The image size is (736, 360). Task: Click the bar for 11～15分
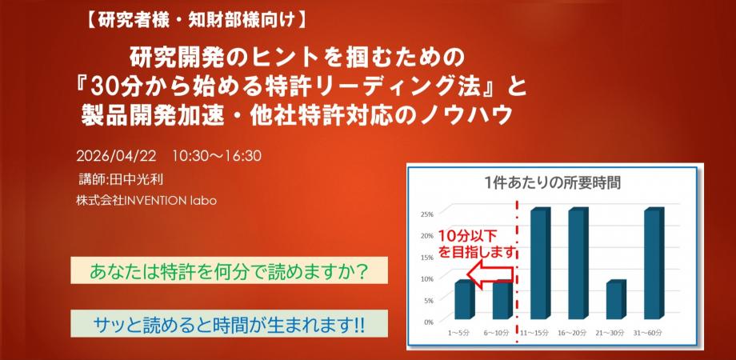(x=539, y=264)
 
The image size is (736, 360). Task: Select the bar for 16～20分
(x=578, y=264)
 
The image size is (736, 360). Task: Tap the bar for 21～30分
(x=615, y=300)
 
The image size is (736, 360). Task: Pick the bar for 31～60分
(x=654, y=264)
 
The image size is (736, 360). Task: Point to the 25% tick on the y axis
(x=426, y=214)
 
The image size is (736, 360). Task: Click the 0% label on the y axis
(x=428, y=322)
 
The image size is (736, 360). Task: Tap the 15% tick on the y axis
(x=426, y=257)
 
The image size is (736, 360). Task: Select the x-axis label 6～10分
(x=502, y=331)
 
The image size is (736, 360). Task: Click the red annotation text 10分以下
(x=466, y=236)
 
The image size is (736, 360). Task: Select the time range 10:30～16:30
(x=217, y=154)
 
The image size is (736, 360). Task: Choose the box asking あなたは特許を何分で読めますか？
(x=229, y=270)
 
